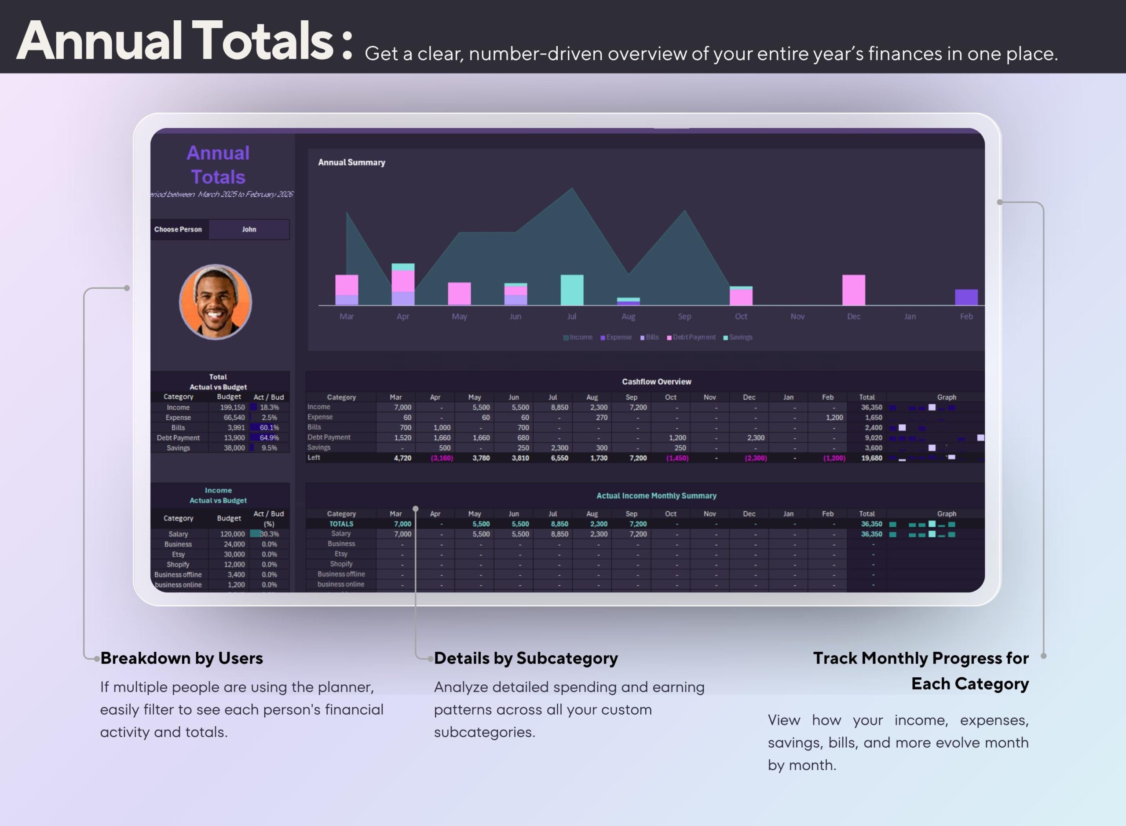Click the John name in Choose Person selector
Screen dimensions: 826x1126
point(249,230)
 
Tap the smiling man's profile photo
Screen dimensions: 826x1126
point(216,302)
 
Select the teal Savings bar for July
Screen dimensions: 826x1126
point(572,290)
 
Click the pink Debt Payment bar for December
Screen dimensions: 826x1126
point(854,290)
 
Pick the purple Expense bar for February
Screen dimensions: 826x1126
point(966,297)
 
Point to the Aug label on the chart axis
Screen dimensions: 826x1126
point(628,316)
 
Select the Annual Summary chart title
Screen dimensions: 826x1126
point(351,162)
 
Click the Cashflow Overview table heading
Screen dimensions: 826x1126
point(656,382)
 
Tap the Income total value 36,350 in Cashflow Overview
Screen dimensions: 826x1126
point(871,407)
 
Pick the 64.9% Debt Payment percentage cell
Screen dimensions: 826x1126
point(269,437)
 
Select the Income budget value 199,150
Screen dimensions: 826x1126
point(232,407)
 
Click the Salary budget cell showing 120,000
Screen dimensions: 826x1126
point(232,534)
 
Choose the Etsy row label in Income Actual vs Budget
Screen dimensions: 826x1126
point(179,554)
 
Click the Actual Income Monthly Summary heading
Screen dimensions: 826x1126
point(656,496)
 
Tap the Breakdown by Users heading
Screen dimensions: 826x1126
point(181,658)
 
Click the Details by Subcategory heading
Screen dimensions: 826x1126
point(526,658)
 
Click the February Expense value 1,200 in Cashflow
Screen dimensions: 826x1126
point(834,418)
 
